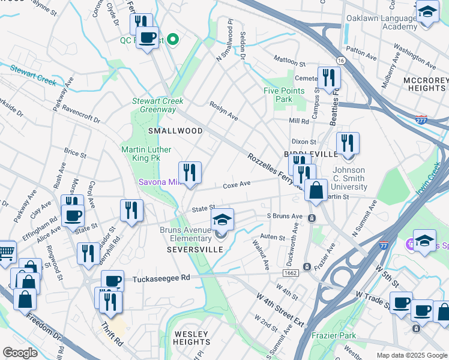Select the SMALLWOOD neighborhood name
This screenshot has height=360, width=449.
point(176,130)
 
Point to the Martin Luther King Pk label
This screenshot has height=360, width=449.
point(146,154)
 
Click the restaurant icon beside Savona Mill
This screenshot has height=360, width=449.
point(190,173)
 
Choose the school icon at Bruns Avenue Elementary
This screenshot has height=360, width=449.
point(221,220)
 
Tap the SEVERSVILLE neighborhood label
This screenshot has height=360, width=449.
point(190,249)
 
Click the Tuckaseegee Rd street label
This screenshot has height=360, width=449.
point(161,278)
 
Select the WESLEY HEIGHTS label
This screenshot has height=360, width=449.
point(191,338)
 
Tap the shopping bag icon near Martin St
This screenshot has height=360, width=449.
point(316,190)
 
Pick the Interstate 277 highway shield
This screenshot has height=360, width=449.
point(421,119)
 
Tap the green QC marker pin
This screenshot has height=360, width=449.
point(173,40)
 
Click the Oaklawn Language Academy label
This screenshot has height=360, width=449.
point(381,22)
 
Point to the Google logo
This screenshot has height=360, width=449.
point(20,352)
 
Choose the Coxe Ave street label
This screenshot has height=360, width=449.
point(237,185)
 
